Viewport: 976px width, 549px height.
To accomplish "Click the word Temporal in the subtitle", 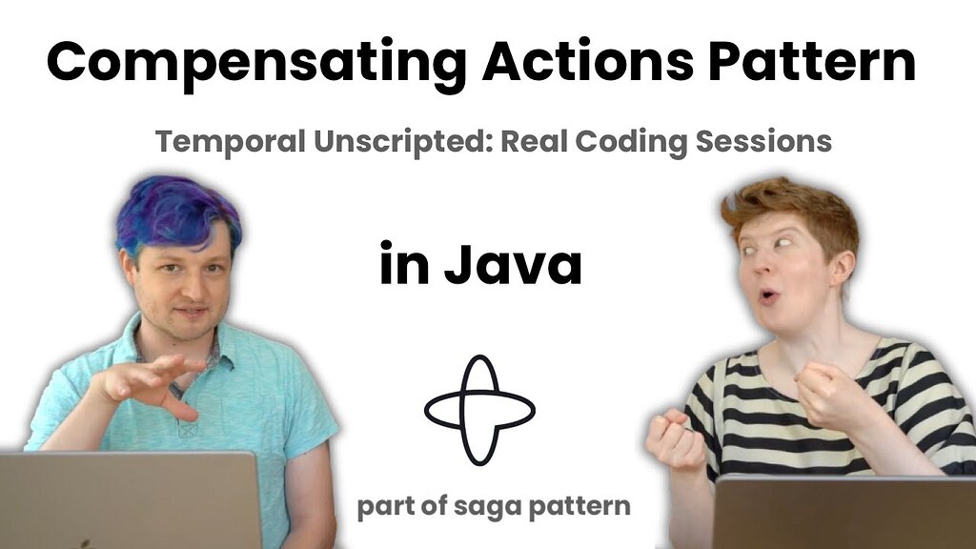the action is tap(231, 142).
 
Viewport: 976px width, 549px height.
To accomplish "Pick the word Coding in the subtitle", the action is tap(631, 142).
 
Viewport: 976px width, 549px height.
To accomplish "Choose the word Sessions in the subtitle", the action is tap(763, 141).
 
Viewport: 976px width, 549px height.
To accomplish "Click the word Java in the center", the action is tap(513, 264).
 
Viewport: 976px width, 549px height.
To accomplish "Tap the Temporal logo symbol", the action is tap(479, 410).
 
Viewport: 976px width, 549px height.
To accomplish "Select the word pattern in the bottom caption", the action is tap(579, 507).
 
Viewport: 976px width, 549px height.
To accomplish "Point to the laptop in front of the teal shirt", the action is tap(130, 499).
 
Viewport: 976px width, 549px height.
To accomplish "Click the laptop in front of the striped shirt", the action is tap(844, 512).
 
